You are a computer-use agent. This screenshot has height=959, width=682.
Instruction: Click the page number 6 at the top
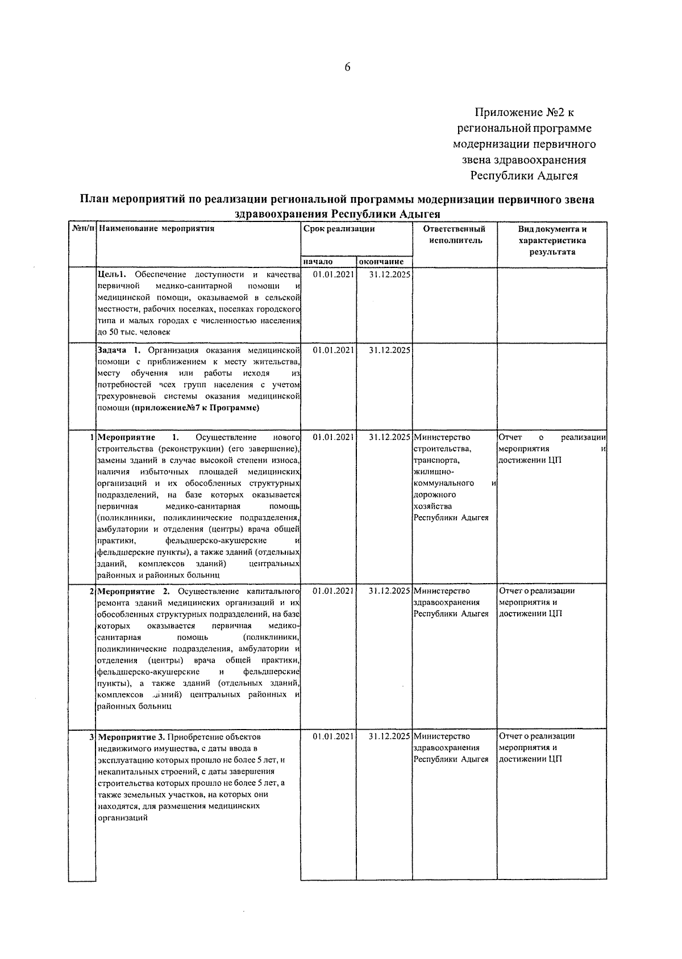click(x=347, y=68)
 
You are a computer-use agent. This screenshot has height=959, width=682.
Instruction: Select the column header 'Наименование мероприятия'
click(x=156, y=229)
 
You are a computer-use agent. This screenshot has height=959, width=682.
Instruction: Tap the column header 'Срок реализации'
click(x=339, y=229)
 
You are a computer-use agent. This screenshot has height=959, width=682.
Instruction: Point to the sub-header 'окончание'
click(x=381, y=262)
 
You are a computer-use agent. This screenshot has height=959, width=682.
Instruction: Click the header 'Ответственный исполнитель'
click(x=454, y=234)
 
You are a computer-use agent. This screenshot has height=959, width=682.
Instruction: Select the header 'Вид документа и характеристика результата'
click(x=552, y=240)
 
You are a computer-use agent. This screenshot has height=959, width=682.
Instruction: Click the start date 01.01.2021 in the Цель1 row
click(x=334, y=274)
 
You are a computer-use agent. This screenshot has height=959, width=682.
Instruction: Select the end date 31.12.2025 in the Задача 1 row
click(x=389, y=350)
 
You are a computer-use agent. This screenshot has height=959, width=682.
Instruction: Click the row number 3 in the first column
click(x=92, y=737)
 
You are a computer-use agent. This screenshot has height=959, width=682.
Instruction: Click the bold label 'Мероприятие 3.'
click(x=132, y=737)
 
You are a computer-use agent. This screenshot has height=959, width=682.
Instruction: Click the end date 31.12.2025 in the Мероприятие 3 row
click(x=389, y=736)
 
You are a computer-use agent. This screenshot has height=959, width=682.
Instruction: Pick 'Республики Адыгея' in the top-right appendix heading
click(x=523, y=176)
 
